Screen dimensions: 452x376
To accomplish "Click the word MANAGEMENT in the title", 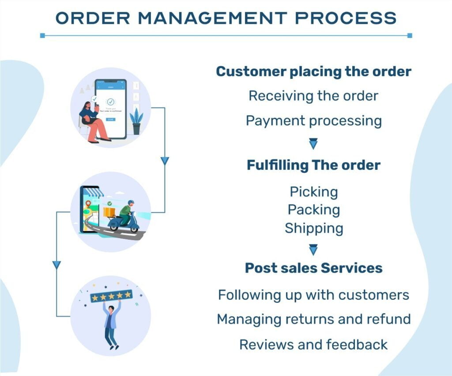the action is pyautogui.click(x=212, y=18).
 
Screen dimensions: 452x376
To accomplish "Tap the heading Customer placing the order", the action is pyautogui.click(x=314, y=71).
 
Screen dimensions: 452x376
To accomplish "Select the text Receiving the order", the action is pyautogui.click(x=313, y=96).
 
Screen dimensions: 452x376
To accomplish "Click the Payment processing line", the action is pyautogui.click(x=314, y=121).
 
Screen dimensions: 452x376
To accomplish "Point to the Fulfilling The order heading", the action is pyautogui.click(x=314, y=165).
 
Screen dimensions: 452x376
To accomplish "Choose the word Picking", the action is pyautogui.click(x=314, y=192).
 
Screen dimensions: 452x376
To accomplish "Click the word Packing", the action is pyautogui.click(x=314, y=210).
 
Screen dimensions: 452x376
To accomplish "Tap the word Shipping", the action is pyautogui.click(x=314, y=228).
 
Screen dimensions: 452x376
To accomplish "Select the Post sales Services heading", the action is pyautogui.click(x=314, y=268).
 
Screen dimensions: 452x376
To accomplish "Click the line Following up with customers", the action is pyautogui.click(x=314, y=295).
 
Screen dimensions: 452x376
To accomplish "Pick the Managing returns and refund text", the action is pyautogui.click(x=314, y=319).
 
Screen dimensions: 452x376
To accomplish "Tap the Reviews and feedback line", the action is pyautogui.click(x=314, y=344).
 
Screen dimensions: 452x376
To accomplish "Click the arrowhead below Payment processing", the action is pyautogui.click(x=313, y=143).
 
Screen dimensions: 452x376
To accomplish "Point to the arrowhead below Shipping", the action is pyautogui.click(x=313, y=249).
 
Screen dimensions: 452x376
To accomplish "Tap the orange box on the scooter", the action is pyautogui.click(x=109, y=212).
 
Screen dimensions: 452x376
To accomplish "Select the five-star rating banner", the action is pyautogui.click(x=112, y=296).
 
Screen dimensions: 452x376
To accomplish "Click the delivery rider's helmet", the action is pyautogui.click(x=131, y=203).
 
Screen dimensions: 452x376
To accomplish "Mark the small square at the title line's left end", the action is pyautogui.click(x=43, y=35).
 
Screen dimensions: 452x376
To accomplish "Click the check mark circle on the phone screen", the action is pyautogui.click(x=111, y=102).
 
